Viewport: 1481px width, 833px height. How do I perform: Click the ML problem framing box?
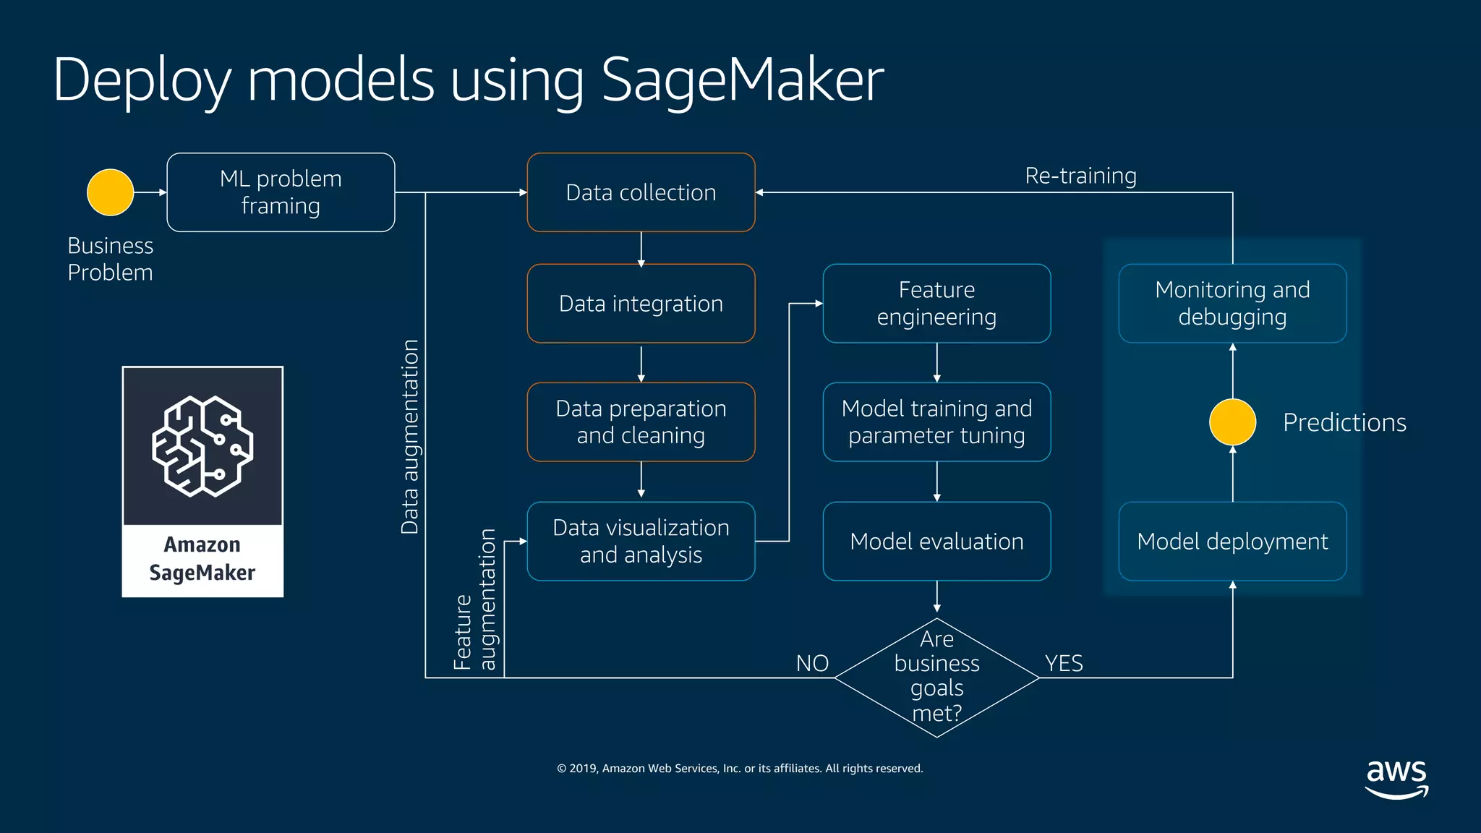[281, 192]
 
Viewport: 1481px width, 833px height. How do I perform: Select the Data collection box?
[641, 192]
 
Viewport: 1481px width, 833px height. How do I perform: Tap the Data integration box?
[641, 304]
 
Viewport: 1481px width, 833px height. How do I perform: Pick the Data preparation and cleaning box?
[641, 422]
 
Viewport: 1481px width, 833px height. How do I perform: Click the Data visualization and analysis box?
[641, 541]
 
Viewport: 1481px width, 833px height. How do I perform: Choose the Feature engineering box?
[936, 304]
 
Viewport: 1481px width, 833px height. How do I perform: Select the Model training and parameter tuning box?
[936, 422]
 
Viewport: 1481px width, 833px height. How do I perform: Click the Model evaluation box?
[936, 541]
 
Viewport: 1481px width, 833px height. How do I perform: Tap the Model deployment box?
[1232, 541]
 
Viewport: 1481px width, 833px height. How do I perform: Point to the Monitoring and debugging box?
[1232, 304]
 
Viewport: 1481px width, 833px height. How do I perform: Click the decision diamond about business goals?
[936, 678]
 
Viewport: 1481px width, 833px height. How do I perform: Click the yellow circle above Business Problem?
[110, 192]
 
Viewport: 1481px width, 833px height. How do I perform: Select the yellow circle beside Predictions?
[1232, 422]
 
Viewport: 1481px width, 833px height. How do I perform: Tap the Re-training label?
[1080, 176]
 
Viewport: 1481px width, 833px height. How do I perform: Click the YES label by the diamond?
[1064, 663]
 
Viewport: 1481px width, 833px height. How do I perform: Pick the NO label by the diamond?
[812, 663]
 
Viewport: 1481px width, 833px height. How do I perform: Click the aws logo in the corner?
[1396, 778]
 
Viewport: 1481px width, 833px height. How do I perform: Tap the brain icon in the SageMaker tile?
[202, 446]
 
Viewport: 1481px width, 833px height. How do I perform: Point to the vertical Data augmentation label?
[410, 437]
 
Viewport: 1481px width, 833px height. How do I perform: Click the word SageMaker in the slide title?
[742, 80]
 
